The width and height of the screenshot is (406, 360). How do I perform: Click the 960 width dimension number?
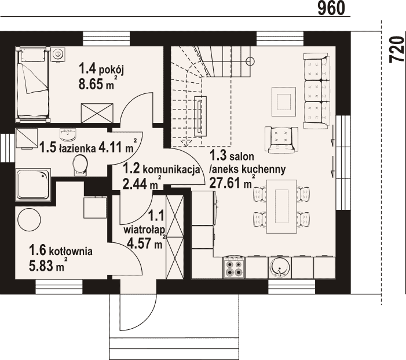click(331, 8)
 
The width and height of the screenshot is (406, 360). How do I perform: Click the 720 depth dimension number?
click(397, 49)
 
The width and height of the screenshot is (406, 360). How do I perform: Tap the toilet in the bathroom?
click(80, 165)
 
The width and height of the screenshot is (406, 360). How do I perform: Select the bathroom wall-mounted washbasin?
click(68, 134)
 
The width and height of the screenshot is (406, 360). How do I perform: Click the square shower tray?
click(33, 184)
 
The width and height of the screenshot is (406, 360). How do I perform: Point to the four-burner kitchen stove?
click(234, 267)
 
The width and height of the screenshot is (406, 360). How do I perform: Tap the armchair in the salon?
click(281, 140)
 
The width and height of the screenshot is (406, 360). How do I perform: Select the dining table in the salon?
click(281, 206)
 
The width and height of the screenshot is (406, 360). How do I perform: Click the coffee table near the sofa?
click(284, 102)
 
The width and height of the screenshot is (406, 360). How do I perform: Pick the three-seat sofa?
click(317, 90)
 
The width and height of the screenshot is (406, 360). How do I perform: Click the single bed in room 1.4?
click(32, 85)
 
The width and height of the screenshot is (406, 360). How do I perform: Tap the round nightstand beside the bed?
click(58, 54)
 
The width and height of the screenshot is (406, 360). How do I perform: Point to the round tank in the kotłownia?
click(29, 220)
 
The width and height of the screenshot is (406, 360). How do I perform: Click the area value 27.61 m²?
click(232, 182)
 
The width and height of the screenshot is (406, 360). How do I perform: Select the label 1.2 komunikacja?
click(162, 169)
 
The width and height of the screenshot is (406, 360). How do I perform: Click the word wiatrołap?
click(144, 230)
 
